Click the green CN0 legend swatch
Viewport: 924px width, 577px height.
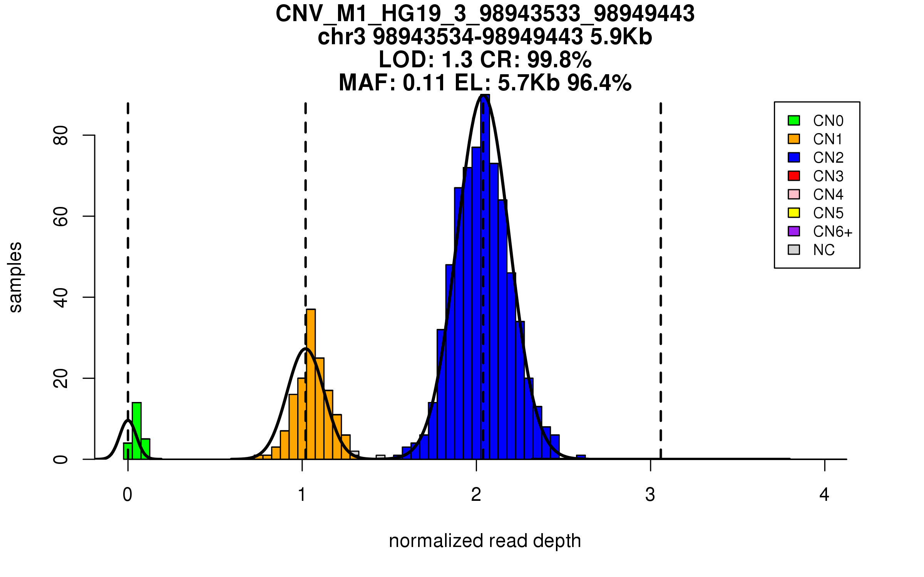click(794, 120)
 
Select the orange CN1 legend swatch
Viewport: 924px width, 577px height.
click(794, 139)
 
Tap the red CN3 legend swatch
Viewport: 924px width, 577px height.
click(794, 176)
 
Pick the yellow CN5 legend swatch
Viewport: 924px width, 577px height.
click(794, 213)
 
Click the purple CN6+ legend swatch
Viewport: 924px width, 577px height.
click(794, 231)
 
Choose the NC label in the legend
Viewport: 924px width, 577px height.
click(824, 250)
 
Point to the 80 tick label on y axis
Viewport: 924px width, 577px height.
click(61, 135)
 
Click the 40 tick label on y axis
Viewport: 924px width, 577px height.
click(61, 297)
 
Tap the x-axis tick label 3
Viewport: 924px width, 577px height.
click(650, 495)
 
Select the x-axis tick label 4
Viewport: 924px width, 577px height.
click(824, 495)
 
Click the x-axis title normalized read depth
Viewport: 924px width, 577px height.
click(485, 541)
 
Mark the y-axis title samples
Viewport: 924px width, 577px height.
click(15, 277)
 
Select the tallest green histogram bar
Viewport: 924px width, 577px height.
click(137, 431)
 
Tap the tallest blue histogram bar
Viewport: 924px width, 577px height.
click(485, 277)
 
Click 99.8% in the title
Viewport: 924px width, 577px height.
click(559, 60)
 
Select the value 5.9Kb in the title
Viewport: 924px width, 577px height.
click(621, 37)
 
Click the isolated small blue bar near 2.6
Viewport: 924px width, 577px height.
click(581, 457)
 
